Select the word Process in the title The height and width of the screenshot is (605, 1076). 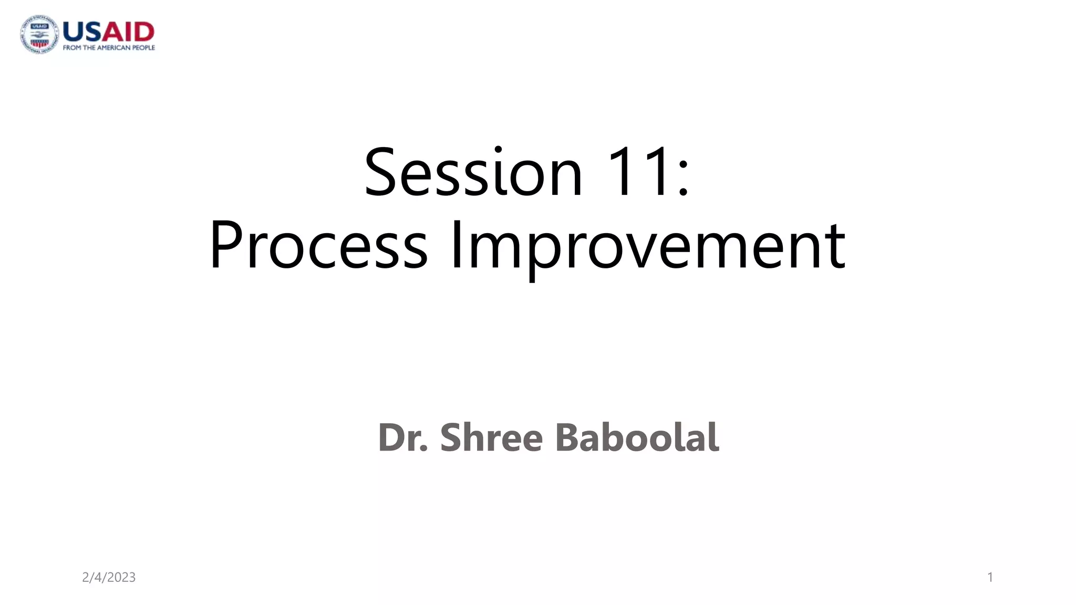pos(318,246)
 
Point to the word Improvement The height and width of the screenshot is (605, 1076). pos(647,246)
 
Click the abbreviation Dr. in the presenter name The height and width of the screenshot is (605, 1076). pos(402,437)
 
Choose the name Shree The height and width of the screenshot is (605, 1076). pos(491,437)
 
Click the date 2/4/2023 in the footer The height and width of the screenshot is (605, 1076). pos(109,577)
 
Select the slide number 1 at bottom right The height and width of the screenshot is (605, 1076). pos(990,577)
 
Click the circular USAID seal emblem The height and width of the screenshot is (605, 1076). pos(39,34)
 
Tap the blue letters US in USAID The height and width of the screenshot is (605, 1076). pos(81,32)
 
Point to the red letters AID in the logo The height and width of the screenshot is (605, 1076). pos(128,32)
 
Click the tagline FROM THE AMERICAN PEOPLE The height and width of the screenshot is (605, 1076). pos(109,48)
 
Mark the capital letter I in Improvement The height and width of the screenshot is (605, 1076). pos(455,246)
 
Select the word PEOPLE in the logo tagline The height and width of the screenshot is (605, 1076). pos(143,48)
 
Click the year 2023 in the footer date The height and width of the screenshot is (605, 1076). pos(121,577)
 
